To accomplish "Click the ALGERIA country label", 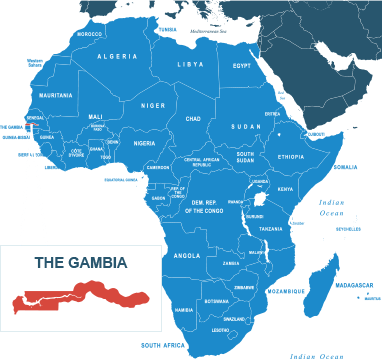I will click(116, 57).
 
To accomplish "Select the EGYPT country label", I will click(242, 66).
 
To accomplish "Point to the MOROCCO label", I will click(90, 33).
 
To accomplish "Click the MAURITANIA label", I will click(56, 95).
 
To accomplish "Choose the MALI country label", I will click(96, 116).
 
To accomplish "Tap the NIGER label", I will click(152, 105).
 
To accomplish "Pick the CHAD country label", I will click(194, 118).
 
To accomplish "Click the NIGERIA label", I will click(145, 143).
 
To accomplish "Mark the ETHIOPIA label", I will click(291, 157).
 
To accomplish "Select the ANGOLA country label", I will click(188, 255).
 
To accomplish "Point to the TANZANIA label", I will click(271, 229).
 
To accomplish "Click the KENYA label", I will click(286, 188).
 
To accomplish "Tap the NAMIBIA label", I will click(183, 310).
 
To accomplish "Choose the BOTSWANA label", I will click(216, 301).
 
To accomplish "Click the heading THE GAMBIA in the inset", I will click(81, 264).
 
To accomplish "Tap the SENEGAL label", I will click(34, 118).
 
